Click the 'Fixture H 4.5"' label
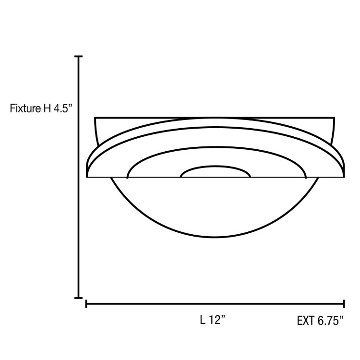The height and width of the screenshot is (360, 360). coord(41,108)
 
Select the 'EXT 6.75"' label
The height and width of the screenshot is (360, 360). coord(320,321)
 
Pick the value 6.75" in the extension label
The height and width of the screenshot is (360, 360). coord(330,321)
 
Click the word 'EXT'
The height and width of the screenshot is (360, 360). coord(306,321)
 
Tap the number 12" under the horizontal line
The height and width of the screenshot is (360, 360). coord(217,321)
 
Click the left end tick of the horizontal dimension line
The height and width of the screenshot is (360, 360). coord(86,303)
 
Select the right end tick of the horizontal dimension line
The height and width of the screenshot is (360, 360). coord(344,303)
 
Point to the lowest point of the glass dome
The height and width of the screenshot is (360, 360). coord(215,238)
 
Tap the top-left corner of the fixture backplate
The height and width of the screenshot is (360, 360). coord(95,118)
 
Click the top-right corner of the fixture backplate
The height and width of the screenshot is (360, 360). coord(334,118)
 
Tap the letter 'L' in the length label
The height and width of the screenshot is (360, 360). coord(203,321)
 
